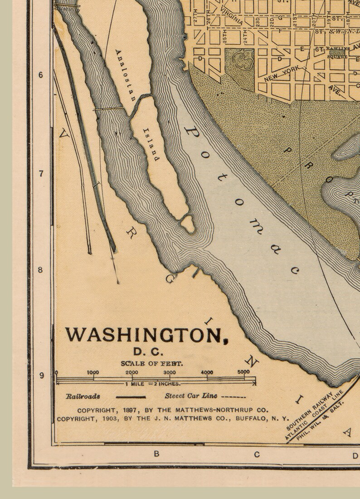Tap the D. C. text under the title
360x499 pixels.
147,352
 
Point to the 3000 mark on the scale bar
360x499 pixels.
169,372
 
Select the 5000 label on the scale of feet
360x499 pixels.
243,372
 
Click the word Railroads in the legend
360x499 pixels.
83,396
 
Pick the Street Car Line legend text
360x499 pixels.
190,396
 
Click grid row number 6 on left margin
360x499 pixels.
41,75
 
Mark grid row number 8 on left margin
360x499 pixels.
41,270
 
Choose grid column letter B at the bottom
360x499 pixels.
156,454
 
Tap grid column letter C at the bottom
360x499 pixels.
257,454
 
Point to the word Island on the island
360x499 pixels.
151,145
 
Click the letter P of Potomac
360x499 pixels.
191,133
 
